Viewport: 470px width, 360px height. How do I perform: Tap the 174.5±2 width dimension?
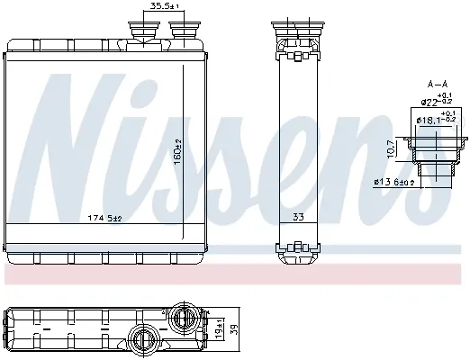(104, 218)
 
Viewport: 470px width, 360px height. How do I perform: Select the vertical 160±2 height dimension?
(177, 151)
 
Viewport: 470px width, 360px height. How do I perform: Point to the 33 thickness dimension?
(298, 217)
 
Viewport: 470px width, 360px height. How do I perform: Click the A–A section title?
(438, 85)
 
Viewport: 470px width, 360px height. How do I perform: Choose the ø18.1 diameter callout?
(436, 118)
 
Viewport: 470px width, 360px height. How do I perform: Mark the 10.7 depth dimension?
(390, 148)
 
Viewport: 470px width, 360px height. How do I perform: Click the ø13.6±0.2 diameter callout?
(393, 182)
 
